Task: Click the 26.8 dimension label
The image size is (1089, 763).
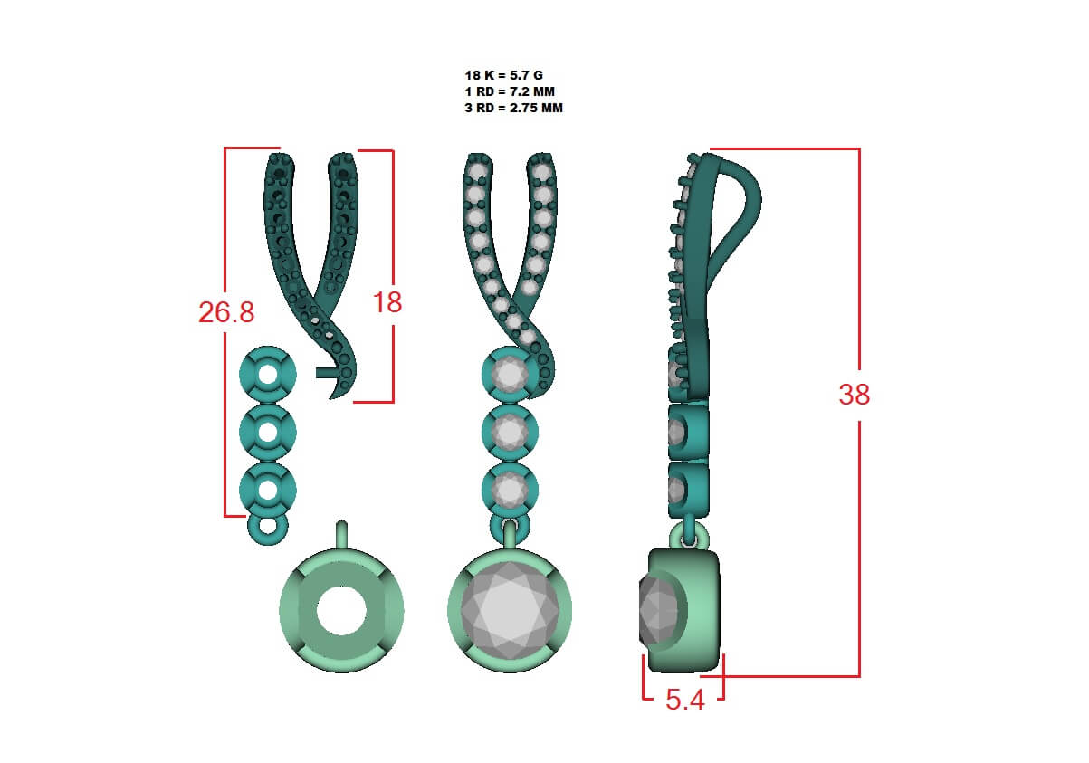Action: click(226, 312)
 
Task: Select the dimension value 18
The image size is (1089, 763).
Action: click(387, 302)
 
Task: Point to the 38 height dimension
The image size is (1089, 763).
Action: click(855, 394)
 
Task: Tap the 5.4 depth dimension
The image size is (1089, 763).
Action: click(684, 700)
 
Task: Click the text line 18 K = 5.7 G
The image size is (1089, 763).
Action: click(503, 75)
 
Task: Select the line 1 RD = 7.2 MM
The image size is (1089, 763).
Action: click(510, 91)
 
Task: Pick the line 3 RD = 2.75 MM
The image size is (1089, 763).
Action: click(513, 108)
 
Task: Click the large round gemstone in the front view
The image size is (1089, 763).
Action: click(509, 610)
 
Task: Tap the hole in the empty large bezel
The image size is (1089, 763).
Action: click(341, 610)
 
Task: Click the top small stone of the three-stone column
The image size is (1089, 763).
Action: click(510, 374)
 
